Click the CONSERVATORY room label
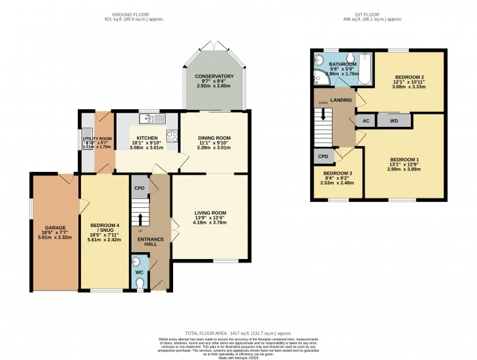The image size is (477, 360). pyautogui.click(x=213, y=76)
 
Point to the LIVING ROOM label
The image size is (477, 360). pyautogui.click(x=209, y=213)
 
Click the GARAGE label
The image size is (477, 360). pyautogui.click(x=55, y=228)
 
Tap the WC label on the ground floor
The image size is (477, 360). pyautogui.click(x=138, y=273)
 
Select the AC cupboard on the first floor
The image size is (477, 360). pyautogui.click(x=366, y=121)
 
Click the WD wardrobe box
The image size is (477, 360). pyautogui.click(x=394, y=121)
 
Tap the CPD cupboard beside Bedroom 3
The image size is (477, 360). pyautogui.click(x=322, y=156)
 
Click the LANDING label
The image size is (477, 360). pyautogui.click(x=341, y=100)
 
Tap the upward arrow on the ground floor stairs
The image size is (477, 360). pyautogui.click(x=141, y=219)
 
